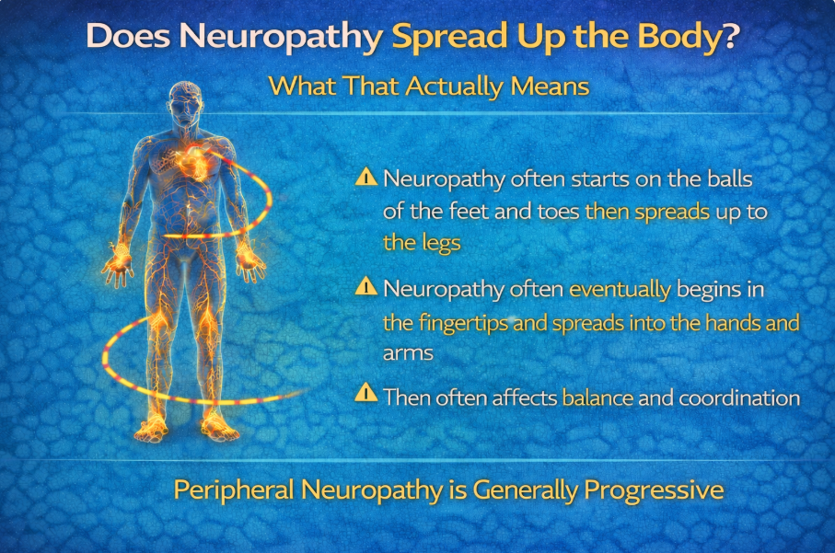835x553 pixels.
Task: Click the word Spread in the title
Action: pyautogui.click(x=450, y=37)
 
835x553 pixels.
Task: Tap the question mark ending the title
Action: pyautogui.click(x=728, y=35)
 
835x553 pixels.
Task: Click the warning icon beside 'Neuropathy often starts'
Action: pyautogui.click(x=365, y=176)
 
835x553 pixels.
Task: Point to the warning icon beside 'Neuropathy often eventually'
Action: pyautogui.click(x=365, y=286)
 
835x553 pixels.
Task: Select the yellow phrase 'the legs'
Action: pyautogui.click(x=422, y=243)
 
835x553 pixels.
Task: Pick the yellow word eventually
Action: pyautogui.click(x=620, y=290)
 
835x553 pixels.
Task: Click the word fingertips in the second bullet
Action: pyautogui.click(x=463, y=323)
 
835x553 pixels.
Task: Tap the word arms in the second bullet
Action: pyautogui.click(x=408, y=353)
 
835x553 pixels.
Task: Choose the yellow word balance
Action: pyautogui.click(x=597, y=398)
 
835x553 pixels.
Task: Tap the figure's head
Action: pyautogui.click(x=185, y=104)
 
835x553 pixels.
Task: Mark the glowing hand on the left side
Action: pyautogui.click(x=118, y=264)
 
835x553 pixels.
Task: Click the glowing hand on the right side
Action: pyautogui.click(x=249, y=263)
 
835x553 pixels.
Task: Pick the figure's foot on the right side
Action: pyautogui.click(x=219, y=427)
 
